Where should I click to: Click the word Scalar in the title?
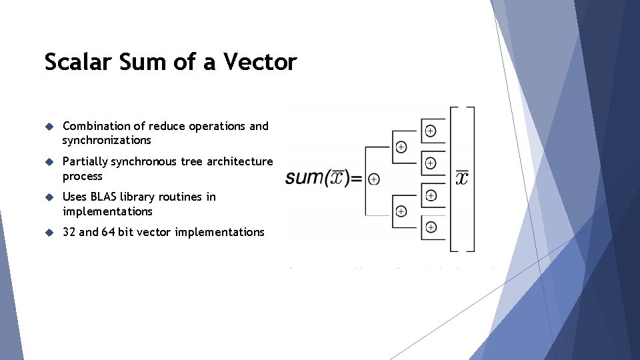(75, 62)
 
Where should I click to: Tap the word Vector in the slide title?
(260, 62)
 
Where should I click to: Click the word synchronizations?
(107, 140)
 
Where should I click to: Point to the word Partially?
(85, 161)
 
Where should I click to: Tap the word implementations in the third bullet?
(107, 211)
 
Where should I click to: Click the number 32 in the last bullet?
(69, 232)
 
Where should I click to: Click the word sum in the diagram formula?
(304, 178)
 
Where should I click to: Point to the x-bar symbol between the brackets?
(461, 177)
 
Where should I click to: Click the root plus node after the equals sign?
(374, 179)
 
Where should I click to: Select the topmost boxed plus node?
(431, 131)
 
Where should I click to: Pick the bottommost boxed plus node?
(431, 227)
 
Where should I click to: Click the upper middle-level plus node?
(401, 147)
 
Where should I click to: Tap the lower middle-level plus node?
(401, 211)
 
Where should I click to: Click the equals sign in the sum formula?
(356, 179)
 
